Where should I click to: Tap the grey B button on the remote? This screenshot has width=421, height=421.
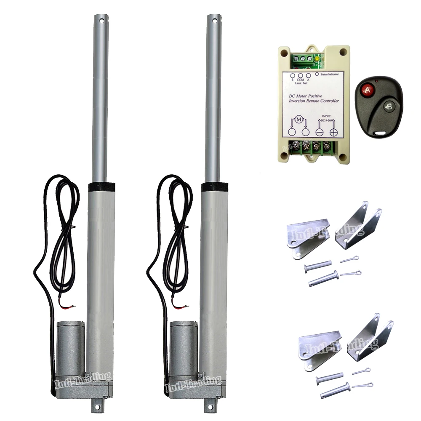(x=388, y=107)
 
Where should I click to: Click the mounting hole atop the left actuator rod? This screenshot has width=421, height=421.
(x=101, y=20)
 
